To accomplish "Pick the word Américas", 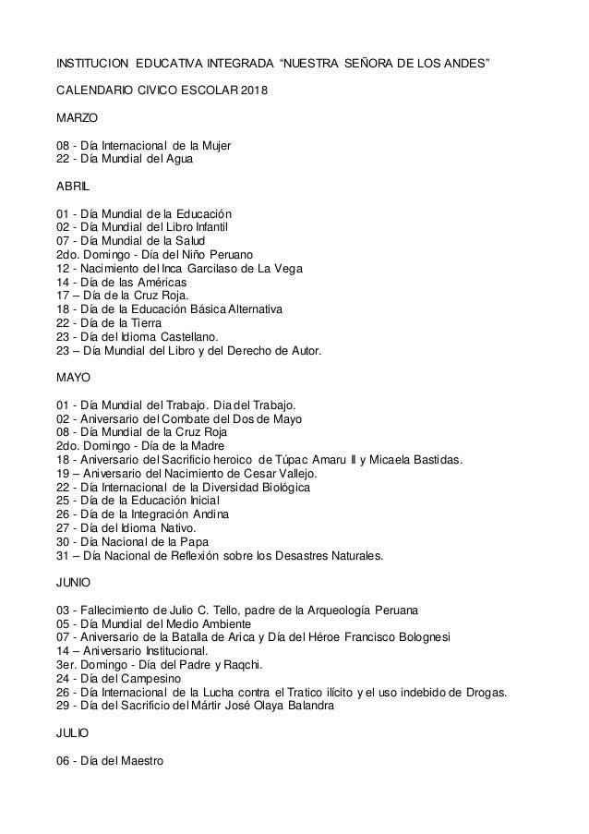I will click(x=162, y=281).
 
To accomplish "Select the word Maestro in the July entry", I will click(x=140, y=762).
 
